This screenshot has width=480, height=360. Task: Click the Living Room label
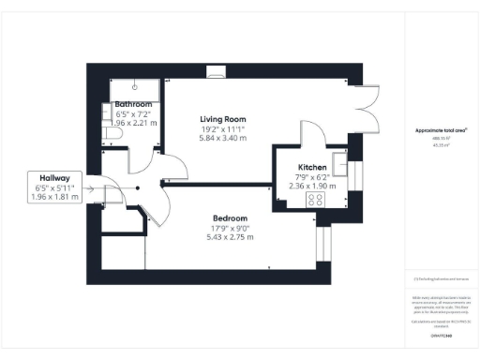[223, 119]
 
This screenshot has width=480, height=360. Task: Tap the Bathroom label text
[133, 104]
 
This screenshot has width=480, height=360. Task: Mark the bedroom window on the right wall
[323, 242]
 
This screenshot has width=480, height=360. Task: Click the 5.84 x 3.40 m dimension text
[223, 138]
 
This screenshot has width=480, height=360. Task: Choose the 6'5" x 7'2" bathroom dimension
[133, 113]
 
